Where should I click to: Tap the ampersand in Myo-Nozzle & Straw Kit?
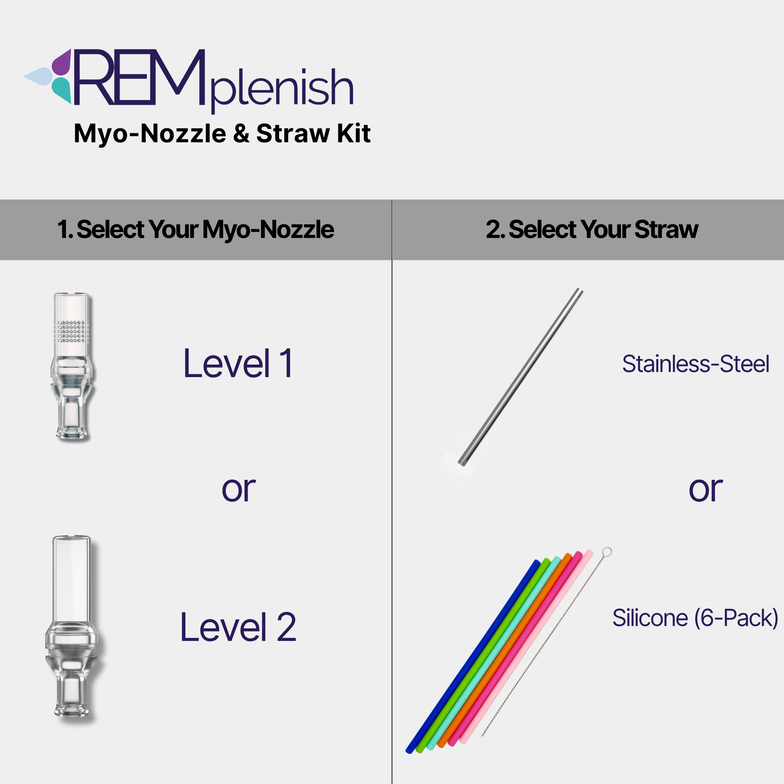pos(241,134)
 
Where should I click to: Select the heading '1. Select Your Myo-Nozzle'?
pos(195,229)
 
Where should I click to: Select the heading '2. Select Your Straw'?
pos(592,229)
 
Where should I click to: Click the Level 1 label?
pos(238,363)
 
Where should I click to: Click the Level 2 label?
pos(238,627)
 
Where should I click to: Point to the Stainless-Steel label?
pos(695,364)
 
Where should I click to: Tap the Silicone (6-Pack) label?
pos(695,618)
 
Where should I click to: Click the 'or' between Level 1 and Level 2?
pos(239,489)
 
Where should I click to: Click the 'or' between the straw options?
pos(706,489)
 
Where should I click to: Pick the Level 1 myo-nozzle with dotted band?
pos(72,367)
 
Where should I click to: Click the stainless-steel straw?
pos(521,376)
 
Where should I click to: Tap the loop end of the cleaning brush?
pos(607,552)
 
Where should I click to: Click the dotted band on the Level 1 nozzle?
pos(71,331)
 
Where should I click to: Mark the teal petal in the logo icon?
pos(62,90)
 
